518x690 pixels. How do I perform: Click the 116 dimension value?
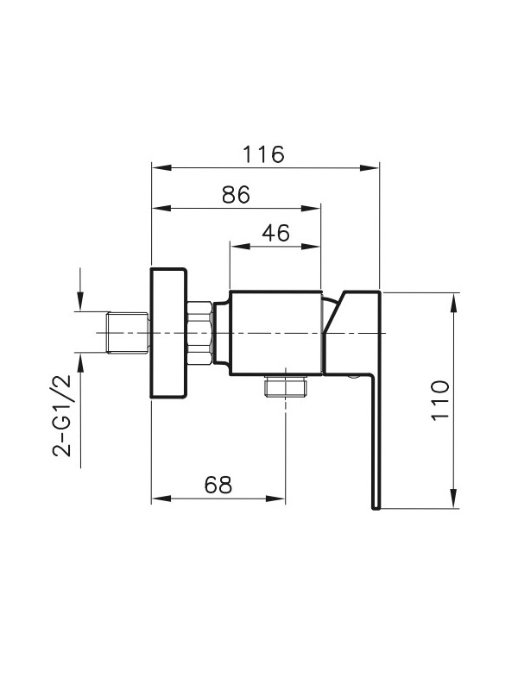(x=263, y=154)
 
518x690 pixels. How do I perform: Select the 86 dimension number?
(x=236, y=195)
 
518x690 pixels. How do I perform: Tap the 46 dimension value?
(x=275, y=233)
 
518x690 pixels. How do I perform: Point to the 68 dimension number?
(x=218, y=485)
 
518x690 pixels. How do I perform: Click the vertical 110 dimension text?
(x=440, y=400)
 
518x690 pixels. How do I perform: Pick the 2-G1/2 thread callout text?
(x=61, y=416)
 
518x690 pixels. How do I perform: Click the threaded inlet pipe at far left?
(x=128, y=333)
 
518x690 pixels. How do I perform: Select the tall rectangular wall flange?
(x=168, y=333)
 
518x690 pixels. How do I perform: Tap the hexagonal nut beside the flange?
(x=200, y=333)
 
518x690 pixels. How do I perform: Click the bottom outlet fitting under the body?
(x=286, y=386)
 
